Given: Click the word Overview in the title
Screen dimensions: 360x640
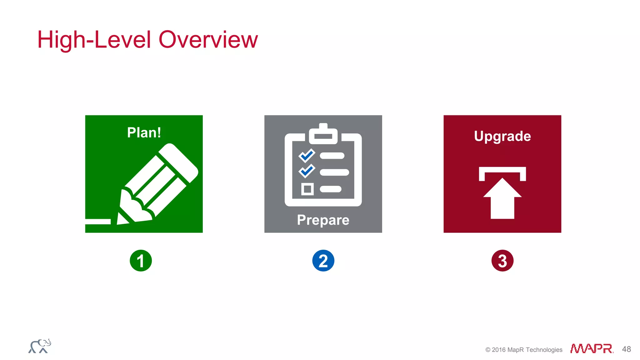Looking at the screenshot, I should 208,40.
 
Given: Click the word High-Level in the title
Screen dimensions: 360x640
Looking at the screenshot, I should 94,40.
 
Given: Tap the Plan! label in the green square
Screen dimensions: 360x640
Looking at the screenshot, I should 144,132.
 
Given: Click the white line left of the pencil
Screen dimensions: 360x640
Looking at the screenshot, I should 98,222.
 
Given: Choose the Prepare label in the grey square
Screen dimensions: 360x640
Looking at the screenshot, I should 323,220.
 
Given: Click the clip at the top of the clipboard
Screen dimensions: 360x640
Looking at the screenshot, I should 323,134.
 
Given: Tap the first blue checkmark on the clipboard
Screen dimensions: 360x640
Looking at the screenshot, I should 307,155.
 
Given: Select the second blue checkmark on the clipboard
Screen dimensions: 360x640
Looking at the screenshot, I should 307,171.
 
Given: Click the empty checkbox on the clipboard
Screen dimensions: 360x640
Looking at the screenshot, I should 307,189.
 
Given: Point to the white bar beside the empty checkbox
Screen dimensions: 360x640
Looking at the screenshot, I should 331,189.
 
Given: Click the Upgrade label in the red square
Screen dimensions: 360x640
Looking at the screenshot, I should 502,136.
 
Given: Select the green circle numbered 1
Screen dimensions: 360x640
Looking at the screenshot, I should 141,261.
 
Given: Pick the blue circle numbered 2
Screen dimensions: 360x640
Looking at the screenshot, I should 323,261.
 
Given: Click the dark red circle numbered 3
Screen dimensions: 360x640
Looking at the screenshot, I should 502,261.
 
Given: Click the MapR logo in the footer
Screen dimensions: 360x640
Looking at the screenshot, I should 591,348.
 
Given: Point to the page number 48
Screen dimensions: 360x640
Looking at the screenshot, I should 626,349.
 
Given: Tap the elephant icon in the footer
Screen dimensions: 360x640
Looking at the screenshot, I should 40,346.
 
